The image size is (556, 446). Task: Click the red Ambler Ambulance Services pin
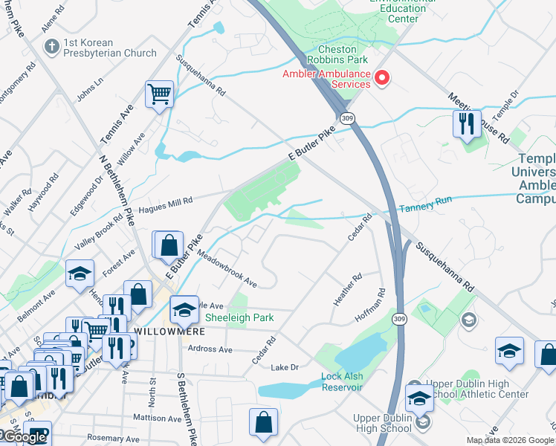click(383, 77)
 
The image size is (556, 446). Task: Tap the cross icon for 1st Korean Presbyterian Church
click(51, 48)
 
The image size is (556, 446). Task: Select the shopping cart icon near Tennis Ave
click(159, 95)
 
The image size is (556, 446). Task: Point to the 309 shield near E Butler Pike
click(346, 118)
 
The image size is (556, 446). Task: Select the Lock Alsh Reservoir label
click(341, 377)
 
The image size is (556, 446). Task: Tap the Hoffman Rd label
click(372, 305)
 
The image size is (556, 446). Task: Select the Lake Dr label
click(284, 367)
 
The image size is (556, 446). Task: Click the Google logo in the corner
click(24, 437)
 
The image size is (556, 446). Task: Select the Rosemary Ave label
click(113, 437)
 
